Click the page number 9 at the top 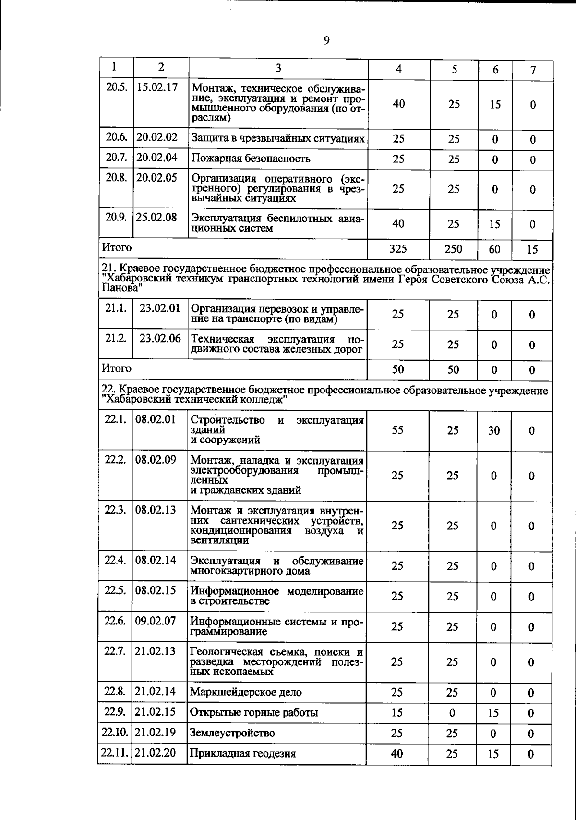326,41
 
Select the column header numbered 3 278,69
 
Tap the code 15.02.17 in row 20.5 157,87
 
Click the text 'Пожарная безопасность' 251,159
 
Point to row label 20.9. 116,217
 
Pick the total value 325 398,248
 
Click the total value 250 453,249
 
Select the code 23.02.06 160,338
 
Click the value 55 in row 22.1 397,430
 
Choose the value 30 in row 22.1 494,430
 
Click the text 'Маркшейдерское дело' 246,692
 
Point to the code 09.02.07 156,621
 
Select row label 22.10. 115,733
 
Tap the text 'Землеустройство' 232,733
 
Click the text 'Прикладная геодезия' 243,753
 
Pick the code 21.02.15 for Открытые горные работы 156,711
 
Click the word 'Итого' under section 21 116,368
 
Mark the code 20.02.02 157,137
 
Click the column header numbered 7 533,70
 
